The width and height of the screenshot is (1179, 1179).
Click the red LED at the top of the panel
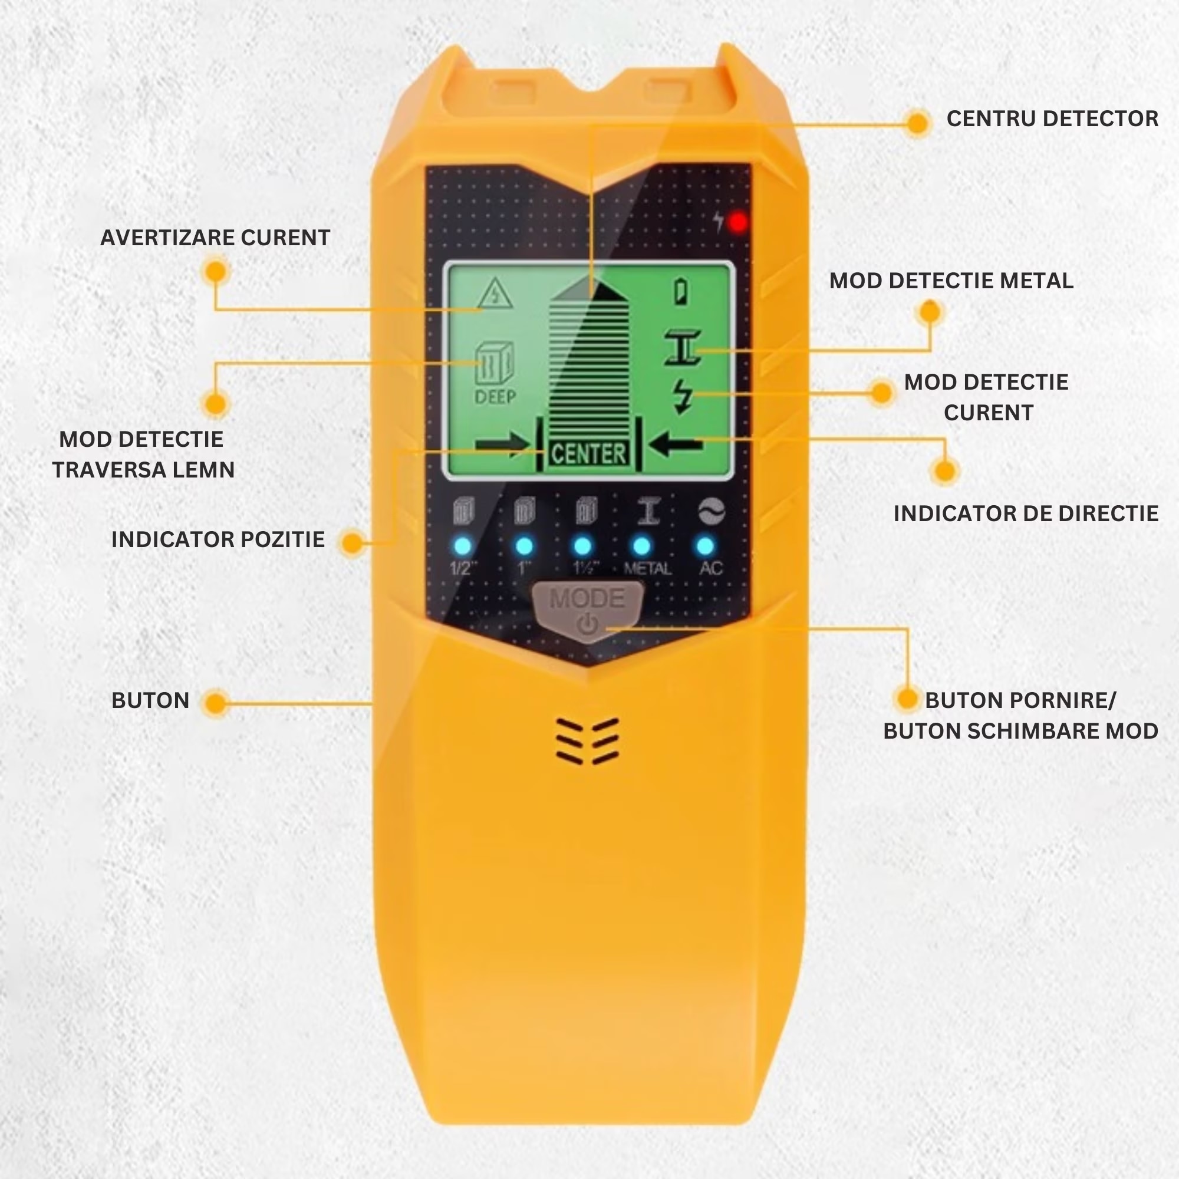coord(739,223)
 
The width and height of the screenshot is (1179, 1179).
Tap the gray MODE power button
coord(588,611)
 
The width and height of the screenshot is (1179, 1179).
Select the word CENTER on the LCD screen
coord(588,454)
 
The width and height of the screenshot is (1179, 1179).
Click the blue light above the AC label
coord(705,545)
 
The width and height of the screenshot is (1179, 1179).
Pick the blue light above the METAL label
coord(641,545)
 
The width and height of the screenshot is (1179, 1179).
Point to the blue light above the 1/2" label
coord(463,545)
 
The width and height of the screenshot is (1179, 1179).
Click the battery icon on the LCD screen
coord(682,291)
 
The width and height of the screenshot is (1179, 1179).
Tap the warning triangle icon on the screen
coord(496,294)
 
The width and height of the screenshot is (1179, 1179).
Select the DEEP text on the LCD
coord(495,397)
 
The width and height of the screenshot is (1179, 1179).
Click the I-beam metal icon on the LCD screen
coord(683,348)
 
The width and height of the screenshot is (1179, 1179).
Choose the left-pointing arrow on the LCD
coord(676,444)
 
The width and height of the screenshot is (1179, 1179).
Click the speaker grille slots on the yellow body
coord(588,740)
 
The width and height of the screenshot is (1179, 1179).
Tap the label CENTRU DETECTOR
coord(1052,119)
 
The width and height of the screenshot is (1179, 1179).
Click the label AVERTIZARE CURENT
coord(215,238)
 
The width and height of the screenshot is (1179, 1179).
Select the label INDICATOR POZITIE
coord(218,539)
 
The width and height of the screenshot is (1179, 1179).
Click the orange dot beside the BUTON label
coord(215,703)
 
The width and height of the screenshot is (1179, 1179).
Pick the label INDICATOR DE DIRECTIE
coord(1026,513)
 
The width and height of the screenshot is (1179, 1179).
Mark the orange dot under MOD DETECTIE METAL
coord(930,312)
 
